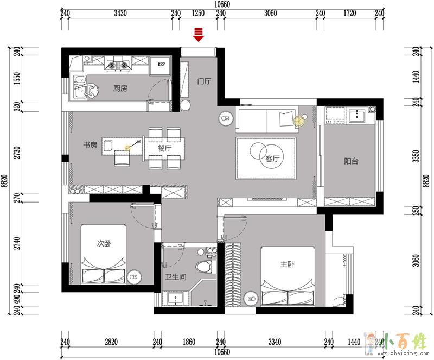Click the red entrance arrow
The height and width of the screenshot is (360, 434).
pyautogui.click(x=199, y=34)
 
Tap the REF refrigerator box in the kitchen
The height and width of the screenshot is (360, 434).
pyautogui.click(x=161, y=65)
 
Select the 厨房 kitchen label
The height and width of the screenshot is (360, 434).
pyautogui.click(x=120, y=89)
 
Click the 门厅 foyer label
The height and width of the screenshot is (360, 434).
pyautogui.click(x=204, y=81)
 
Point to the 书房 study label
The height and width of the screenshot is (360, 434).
pyautogui.click(x=90, y=145)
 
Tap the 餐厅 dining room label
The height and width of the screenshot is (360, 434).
pyautogui.click(x=164, y=148)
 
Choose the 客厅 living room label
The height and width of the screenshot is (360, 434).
pyautogui.click(x=272, y=159)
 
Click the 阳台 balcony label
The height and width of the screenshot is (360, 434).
pyautogui.click(x=351, y=161)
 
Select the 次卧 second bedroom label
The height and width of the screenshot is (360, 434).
pyautogui.click(x=104, y=243)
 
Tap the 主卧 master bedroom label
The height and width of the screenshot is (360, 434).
pyautogui.click(x=288, y=264)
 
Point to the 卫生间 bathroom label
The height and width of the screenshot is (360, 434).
pyautogui.click(x=176, y=276)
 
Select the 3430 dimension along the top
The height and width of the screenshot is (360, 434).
pyautogui.click(x=120, y=13)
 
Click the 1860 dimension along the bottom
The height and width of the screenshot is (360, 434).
pyautogui.click(x=189, y=342)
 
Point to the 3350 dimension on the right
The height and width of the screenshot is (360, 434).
pyautogui.click(x=416, y=156)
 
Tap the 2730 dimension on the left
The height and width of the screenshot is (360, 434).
pyautogui.click(x=17, y=153)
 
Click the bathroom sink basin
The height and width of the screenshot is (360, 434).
pyautogui.click(x=175, y=299)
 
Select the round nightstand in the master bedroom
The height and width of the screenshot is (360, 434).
pyautogui.click(x=251, y=299)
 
